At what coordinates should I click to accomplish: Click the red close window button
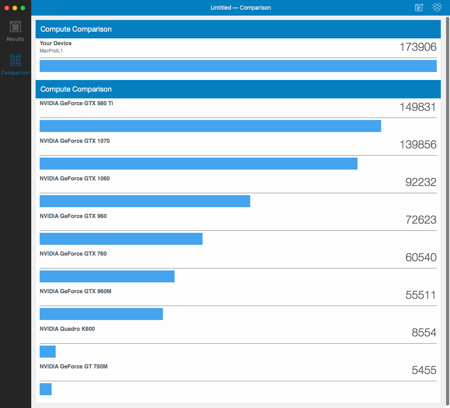pos(6,8)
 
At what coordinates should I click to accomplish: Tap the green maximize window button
pos(23,8)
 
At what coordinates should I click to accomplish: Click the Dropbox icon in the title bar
pos(437,7)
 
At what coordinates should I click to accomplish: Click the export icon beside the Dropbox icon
pos(419,7)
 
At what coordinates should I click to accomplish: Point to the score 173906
pos(418,47)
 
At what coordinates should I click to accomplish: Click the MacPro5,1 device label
pos(51,51)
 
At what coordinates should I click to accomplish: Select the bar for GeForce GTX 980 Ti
pos(210,126)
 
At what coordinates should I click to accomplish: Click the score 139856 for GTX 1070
pos(418,145)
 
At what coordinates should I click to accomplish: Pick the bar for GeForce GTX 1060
pos(145,201)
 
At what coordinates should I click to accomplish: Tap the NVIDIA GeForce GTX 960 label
pos(73,216)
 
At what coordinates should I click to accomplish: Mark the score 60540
pos(420,258)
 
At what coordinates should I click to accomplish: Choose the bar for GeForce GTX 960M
pos(101,314)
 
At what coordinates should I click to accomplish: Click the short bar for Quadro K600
pos(48,352)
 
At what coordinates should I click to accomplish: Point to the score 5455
pos(424,370)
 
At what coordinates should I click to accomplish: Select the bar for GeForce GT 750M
pos(46,389)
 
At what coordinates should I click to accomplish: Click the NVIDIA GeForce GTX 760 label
pos(73,254)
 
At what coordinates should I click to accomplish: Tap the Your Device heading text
pos(56,43)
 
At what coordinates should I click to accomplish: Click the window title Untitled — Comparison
pos(241,8)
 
